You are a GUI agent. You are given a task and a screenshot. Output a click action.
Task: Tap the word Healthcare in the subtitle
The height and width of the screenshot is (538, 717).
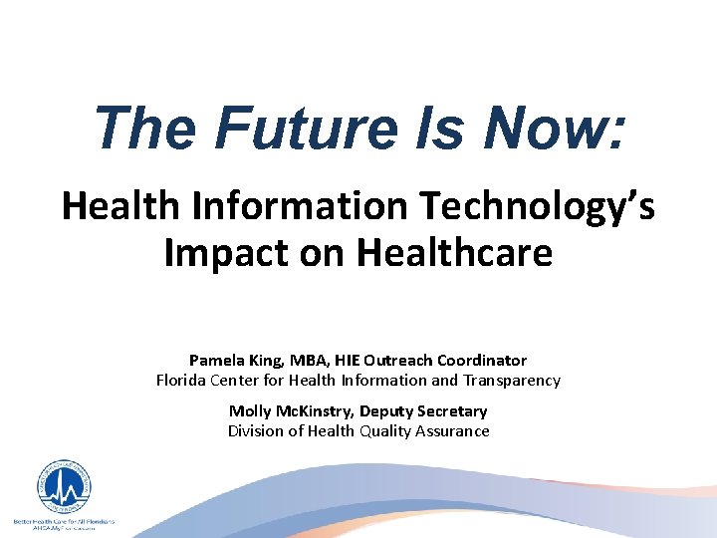point(455,253)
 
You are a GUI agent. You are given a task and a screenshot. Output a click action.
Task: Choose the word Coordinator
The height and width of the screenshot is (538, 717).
point(481,360)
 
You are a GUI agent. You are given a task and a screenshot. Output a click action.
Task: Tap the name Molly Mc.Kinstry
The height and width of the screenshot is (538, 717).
point(290,410)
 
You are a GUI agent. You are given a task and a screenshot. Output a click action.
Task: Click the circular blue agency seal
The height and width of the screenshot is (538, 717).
point(64,487)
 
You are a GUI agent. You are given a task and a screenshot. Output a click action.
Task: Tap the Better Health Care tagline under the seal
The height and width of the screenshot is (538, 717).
point(64,522)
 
